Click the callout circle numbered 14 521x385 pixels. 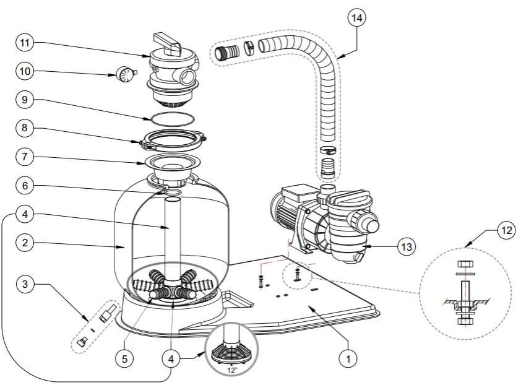356,18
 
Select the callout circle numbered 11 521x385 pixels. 25,43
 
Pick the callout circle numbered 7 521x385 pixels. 25,157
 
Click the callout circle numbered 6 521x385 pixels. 25,186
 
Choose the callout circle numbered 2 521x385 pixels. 25,243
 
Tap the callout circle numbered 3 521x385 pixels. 25,284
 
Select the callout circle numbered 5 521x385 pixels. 124,359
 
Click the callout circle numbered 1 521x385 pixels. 348,359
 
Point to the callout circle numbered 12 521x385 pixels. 506,230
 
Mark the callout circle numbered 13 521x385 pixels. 407,247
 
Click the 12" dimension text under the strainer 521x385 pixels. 233,370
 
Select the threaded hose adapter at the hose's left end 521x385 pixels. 227,53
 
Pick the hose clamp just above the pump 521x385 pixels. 328,150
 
